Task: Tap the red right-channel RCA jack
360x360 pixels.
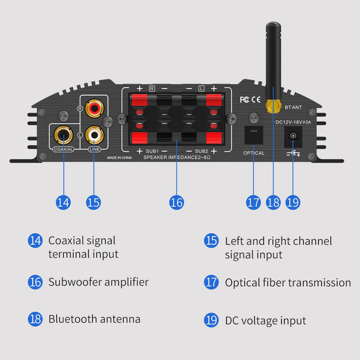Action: pos(94,108)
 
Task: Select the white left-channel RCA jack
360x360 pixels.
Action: pos(94,134)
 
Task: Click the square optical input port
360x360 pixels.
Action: pos(253,134)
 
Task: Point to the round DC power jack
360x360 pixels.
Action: pos(293,137)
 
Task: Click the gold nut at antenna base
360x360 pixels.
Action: pos(271,106)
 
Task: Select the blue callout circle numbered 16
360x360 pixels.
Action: pos(176,202)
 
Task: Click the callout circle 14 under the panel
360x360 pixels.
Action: pos(63,202)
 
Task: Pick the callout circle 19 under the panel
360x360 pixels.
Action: pos(292,202)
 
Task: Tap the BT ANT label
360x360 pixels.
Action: pos(294,107)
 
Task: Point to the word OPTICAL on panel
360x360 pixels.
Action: pos(254,153)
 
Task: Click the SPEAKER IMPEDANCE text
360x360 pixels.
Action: pos(176,158)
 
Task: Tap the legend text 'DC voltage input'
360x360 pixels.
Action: pos(265,321)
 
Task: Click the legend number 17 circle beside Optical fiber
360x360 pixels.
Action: pos(211,282)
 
